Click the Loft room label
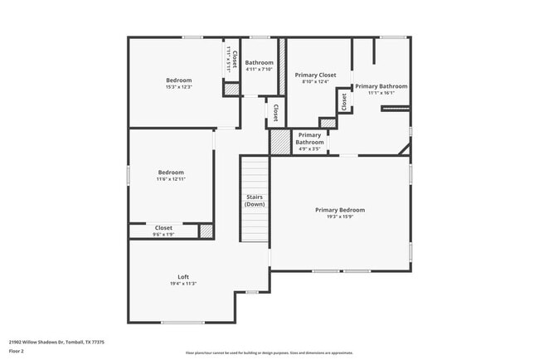[183, 276]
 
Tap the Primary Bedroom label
[340, 210]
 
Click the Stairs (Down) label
[255, 200]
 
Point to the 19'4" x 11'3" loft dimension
[183, 284]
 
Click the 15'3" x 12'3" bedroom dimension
[179, 87]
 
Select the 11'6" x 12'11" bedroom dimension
[171, 179]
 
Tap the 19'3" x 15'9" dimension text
[340, 217]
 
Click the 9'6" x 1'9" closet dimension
[163, 235]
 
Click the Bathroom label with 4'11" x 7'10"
[259, 63]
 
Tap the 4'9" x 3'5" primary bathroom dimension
[309, 148]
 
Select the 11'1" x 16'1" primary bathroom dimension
[381, 93]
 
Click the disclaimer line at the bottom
[269, 353]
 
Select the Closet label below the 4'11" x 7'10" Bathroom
[275, 110]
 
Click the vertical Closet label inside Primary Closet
[342, 100]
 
